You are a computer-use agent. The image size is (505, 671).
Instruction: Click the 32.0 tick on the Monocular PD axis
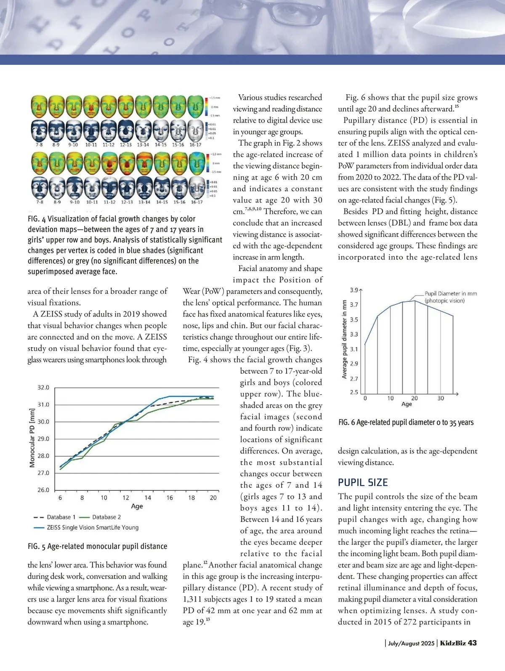tap(44, 387)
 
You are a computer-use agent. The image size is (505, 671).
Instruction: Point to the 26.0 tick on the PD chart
tap(44, 490)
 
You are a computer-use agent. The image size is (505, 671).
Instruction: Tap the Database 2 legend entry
tap(106, 517)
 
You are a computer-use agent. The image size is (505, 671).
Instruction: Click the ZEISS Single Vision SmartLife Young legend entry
tap(93, 527)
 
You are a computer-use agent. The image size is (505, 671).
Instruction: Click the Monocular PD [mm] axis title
tap(32, 438)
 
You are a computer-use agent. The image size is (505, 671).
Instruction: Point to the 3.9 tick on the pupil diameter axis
tap(354, 290)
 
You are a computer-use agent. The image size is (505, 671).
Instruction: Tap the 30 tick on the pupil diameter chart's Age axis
tap(441, 398)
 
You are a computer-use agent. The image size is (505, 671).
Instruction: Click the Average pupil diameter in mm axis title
tap(344, 339)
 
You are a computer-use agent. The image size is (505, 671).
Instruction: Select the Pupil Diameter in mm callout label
tap(450, 297)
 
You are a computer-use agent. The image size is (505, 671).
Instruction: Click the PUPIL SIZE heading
tap(363, 482)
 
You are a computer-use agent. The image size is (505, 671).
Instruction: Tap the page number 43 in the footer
tap(472, 643)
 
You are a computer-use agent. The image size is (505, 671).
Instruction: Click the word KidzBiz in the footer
tap(453, 643)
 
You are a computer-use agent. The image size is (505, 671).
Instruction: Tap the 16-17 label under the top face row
tap(195, 144)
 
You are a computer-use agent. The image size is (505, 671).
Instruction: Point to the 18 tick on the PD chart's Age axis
tap(191, 498)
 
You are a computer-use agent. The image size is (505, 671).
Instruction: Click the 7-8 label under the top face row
tap(38, 144)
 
